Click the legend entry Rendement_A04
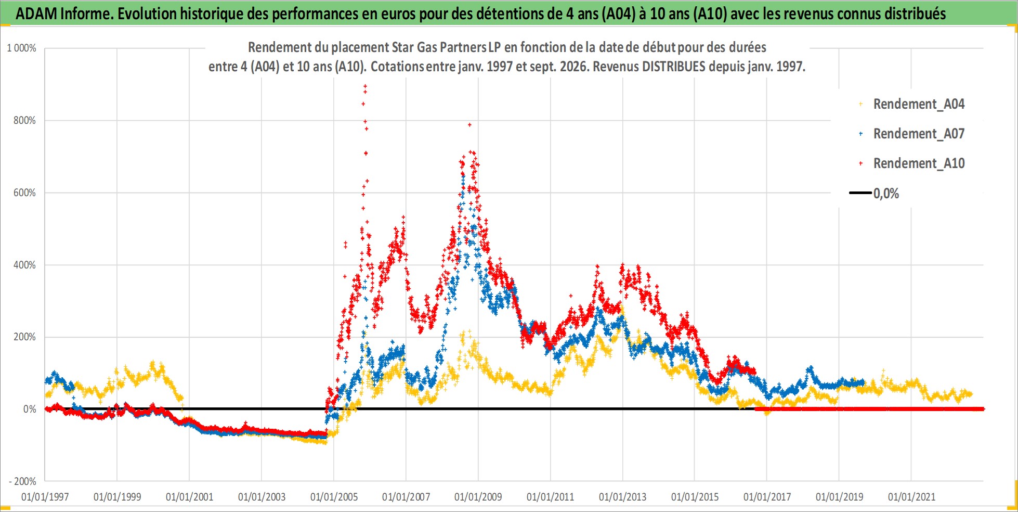coord(912,104)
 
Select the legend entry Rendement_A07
coord(912,134)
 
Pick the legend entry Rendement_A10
coord(912,163)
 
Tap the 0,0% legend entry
coord(875,194)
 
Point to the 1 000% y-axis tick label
coord(21,48)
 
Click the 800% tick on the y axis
coord(24,120)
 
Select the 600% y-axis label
coord(24,193)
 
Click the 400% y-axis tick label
coord(24,265)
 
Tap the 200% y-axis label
coord(24,337)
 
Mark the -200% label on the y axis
coord(22,481)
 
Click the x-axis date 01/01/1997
coord(45,497)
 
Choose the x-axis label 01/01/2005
coord(334,497)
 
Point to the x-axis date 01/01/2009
coord(478,497)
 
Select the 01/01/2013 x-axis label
coord(622,497)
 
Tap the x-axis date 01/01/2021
coord(911,497)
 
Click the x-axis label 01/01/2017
coord(767,497)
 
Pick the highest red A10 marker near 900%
coord(365,86)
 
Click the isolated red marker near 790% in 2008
coord(469,125)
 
